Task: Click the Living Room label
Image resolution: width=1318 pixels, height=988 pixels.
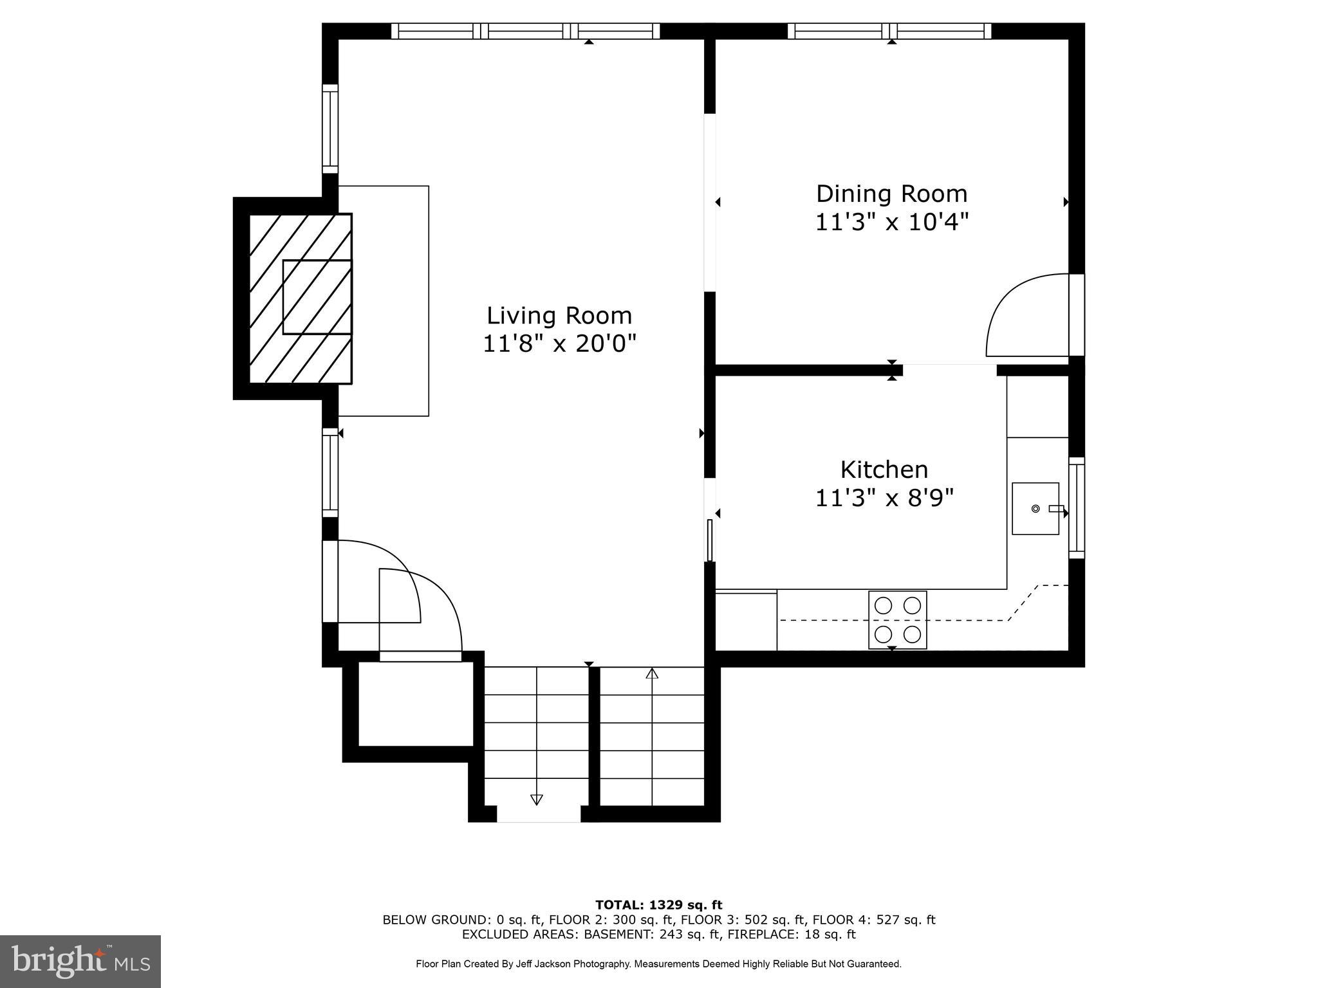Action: [x=559, y=316]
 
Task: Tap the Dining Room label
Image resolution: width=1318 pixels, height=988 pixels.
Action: [x=892, y=194]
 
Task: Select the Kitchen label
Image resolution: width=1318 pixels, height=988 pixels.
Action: [x=884, y=470]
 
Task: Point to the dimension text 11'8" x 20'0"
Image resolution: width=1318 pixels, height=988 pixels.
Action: [x=559, y=344]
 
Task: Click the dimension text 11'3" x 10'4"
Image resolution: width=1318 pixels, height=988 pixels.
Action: [x=892, y=223]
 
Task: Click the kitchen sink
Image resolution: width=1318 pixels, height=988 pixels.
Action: [x=1035, y=509]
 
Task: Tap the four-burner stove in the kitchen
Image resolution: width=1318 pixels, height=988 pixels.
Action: [x=898, y=620]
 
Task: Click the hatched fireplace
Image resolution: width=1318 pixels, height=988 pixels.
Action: [x=301, y=298]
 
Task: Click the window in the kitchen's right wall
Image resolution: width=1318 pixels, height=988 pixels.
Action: [x=1077, y=508]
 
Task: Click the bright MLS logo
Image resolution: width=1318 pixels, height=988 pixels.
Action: [x=80, y=962]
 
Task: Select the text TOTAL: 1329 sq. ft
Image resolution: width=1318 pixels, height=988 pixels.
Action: [x=659, y=906]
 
